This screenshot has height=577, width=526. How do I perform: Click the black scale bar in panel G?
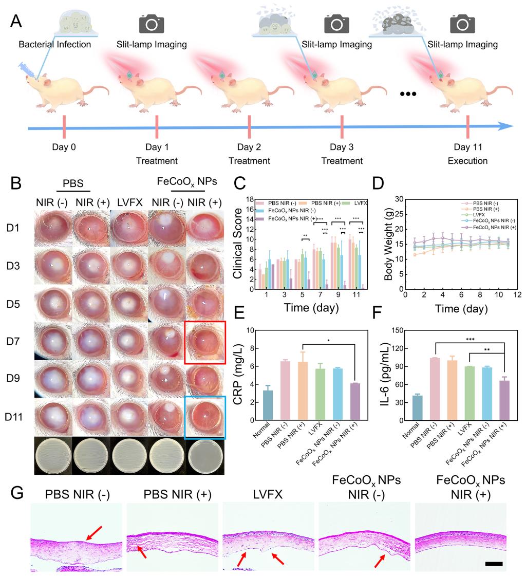tap(493, 564)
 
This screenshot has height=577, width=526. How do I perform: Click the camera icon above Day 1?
tap(152, 24)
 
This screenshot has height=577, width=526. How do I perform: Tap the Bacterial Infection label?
tap(55, 45)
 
